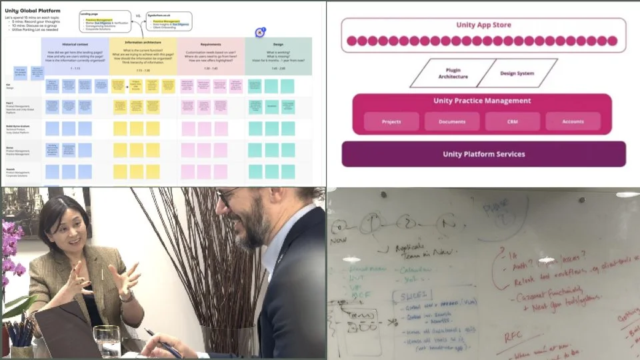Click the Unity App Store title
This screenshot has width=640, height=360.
coord(483,26)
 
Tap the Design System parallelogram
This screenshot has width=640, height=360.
coord(517,73)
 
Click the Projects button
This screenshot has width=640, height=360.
coord(391,121)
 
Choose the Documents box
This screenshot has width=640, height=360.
coord(452,121)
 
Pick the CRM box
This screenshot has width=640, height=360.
coord(512,121)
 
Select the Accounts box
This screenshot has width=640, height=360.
coord(573,121)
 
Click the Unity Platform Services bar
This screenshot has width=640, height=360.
coord(483,154)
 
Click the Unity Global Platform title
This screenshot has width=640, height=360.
coord(33,11)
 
